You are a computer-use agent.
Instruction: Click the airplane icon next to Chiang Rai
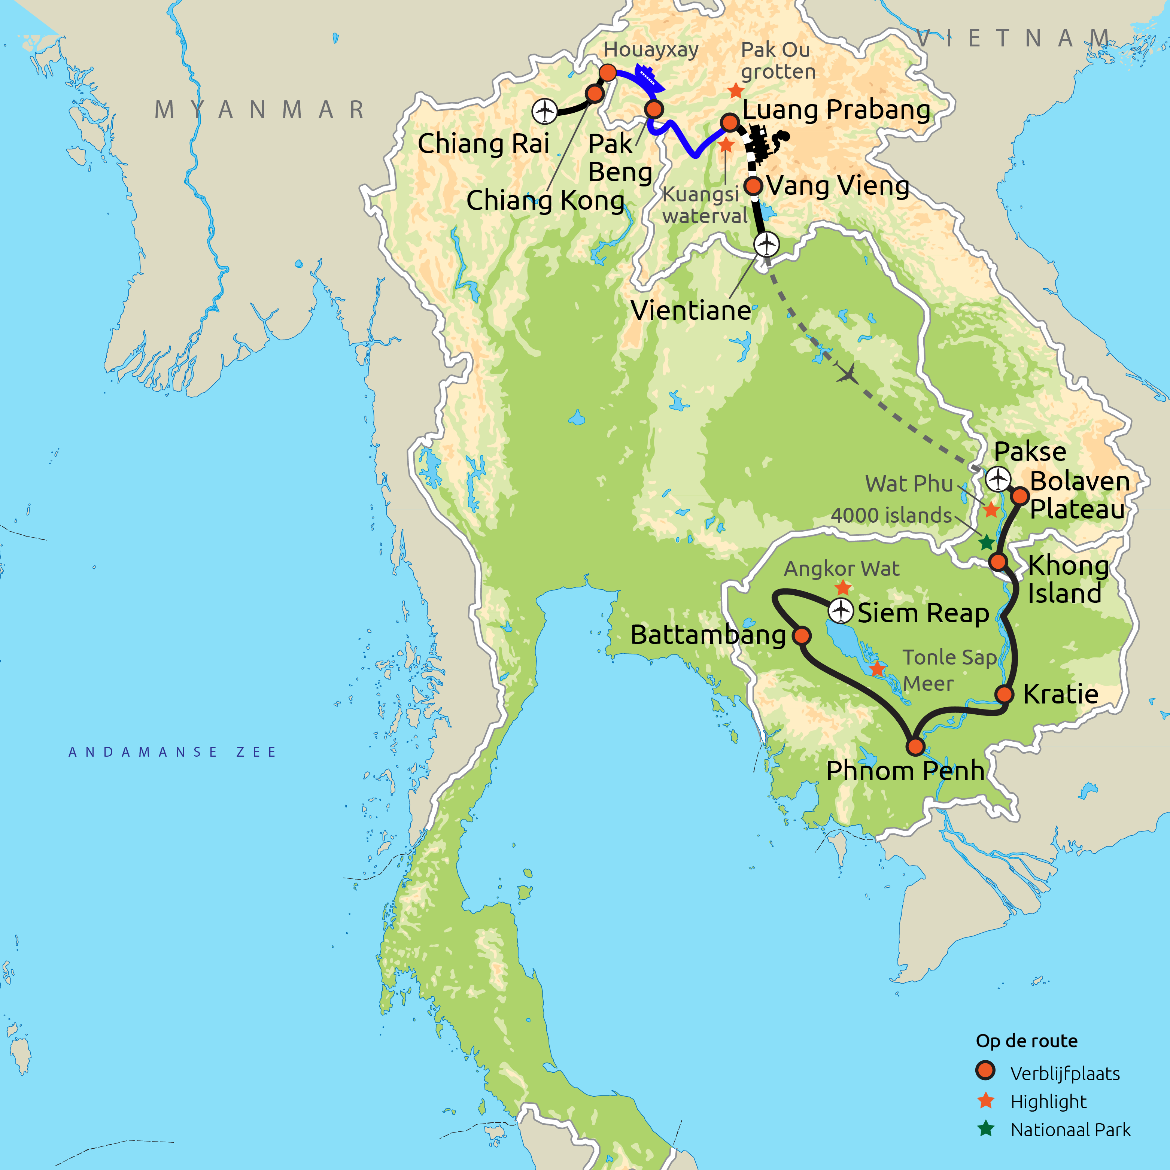click(544, 112)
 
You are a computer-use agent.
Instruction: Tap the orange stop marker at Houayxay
click(607, 73)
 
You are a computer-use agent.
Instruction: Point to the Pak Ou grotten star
click(736, 91)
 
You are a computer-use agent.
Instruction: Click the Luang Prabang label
click(836, 110)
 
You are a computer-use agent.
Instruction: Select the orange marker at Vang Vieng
click(753, 186)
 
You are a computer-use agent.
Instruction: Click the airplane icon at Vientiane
click(767, 244)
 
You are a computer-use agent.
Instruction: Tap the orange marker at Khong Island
click(998, 561)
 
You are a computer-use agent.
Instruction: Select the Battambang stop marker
click(801, 635)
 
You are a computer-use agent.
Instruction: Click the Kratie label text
click(1060, 694)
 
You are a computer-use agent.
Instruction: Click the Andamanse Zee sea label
click(173, 752)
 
